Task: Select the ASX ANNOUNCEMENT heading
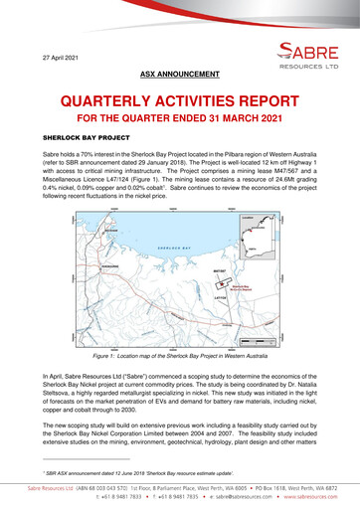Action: click(179, 74)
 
